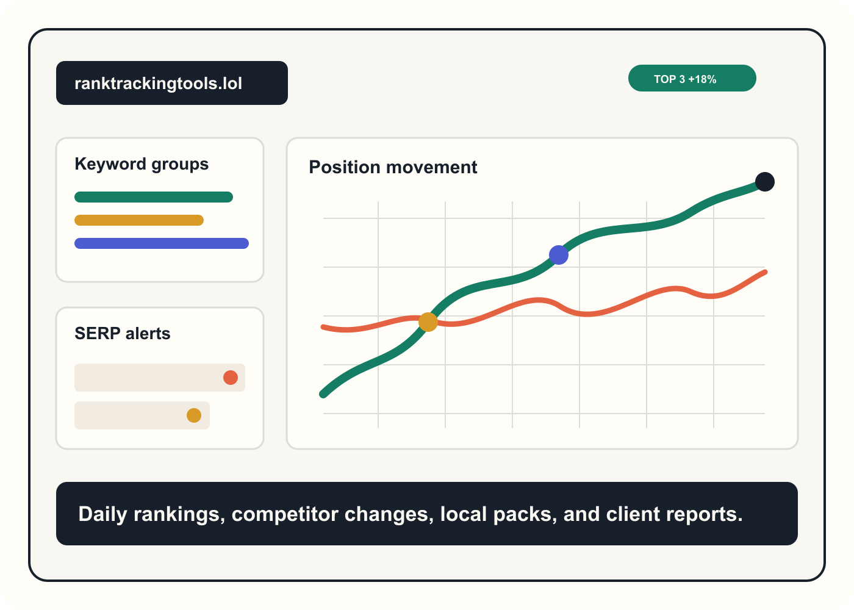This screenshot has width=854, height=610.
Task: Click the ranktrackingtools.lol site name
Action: pyautogui.click(x=159, y=83)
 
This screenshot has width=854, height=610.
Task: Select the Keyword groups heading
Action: pyautogui.click(x=142, y=164)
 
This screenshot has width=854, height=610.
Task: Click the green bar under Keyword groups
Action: pyautogui.click(x=154, y=197)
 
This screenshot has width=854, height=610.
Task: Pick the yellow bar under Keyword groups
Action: pyautogui.click(x=139, y=220)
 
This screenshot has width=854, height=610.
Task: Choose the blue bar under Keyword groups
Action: pyautogui.click(x=162, y=243)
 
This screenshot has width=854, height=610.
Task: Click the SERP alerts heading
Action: pyautogui.click(x=123, y=334)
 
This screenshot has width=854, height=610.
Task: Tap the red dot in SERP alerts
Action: pyautogui.click(x=231, y=378)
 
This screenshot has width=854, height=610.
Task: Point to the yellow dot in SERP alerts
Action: pyautogui.click(x=194, y=415)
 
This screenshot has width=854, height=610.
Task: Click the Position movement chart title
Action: pyautogui.click(x=393, y=167)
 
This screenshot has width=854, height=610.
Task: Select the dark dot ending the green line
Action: pyautogui.click(x=765, y=182)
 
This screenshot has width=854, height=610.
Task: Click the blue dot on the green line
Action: pyautogui.click(x=559, y=255)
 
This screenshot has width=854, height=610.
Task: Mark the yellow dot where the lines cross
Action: pyautogui.click(x=428, y=322)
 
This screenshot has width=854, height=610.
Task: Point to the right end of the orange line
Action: pyautogui.click(x=764, y=273)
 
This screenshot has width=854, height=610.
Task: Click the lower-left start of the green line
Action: pyautogui.click(x=324, y=394)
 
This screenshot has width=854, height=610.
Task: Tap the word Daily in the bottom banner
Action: pyautogui.click(x=102, y=514)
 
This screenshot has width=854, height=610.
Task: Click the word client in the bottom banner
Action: pyautogui.click(x=631, y=514)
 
